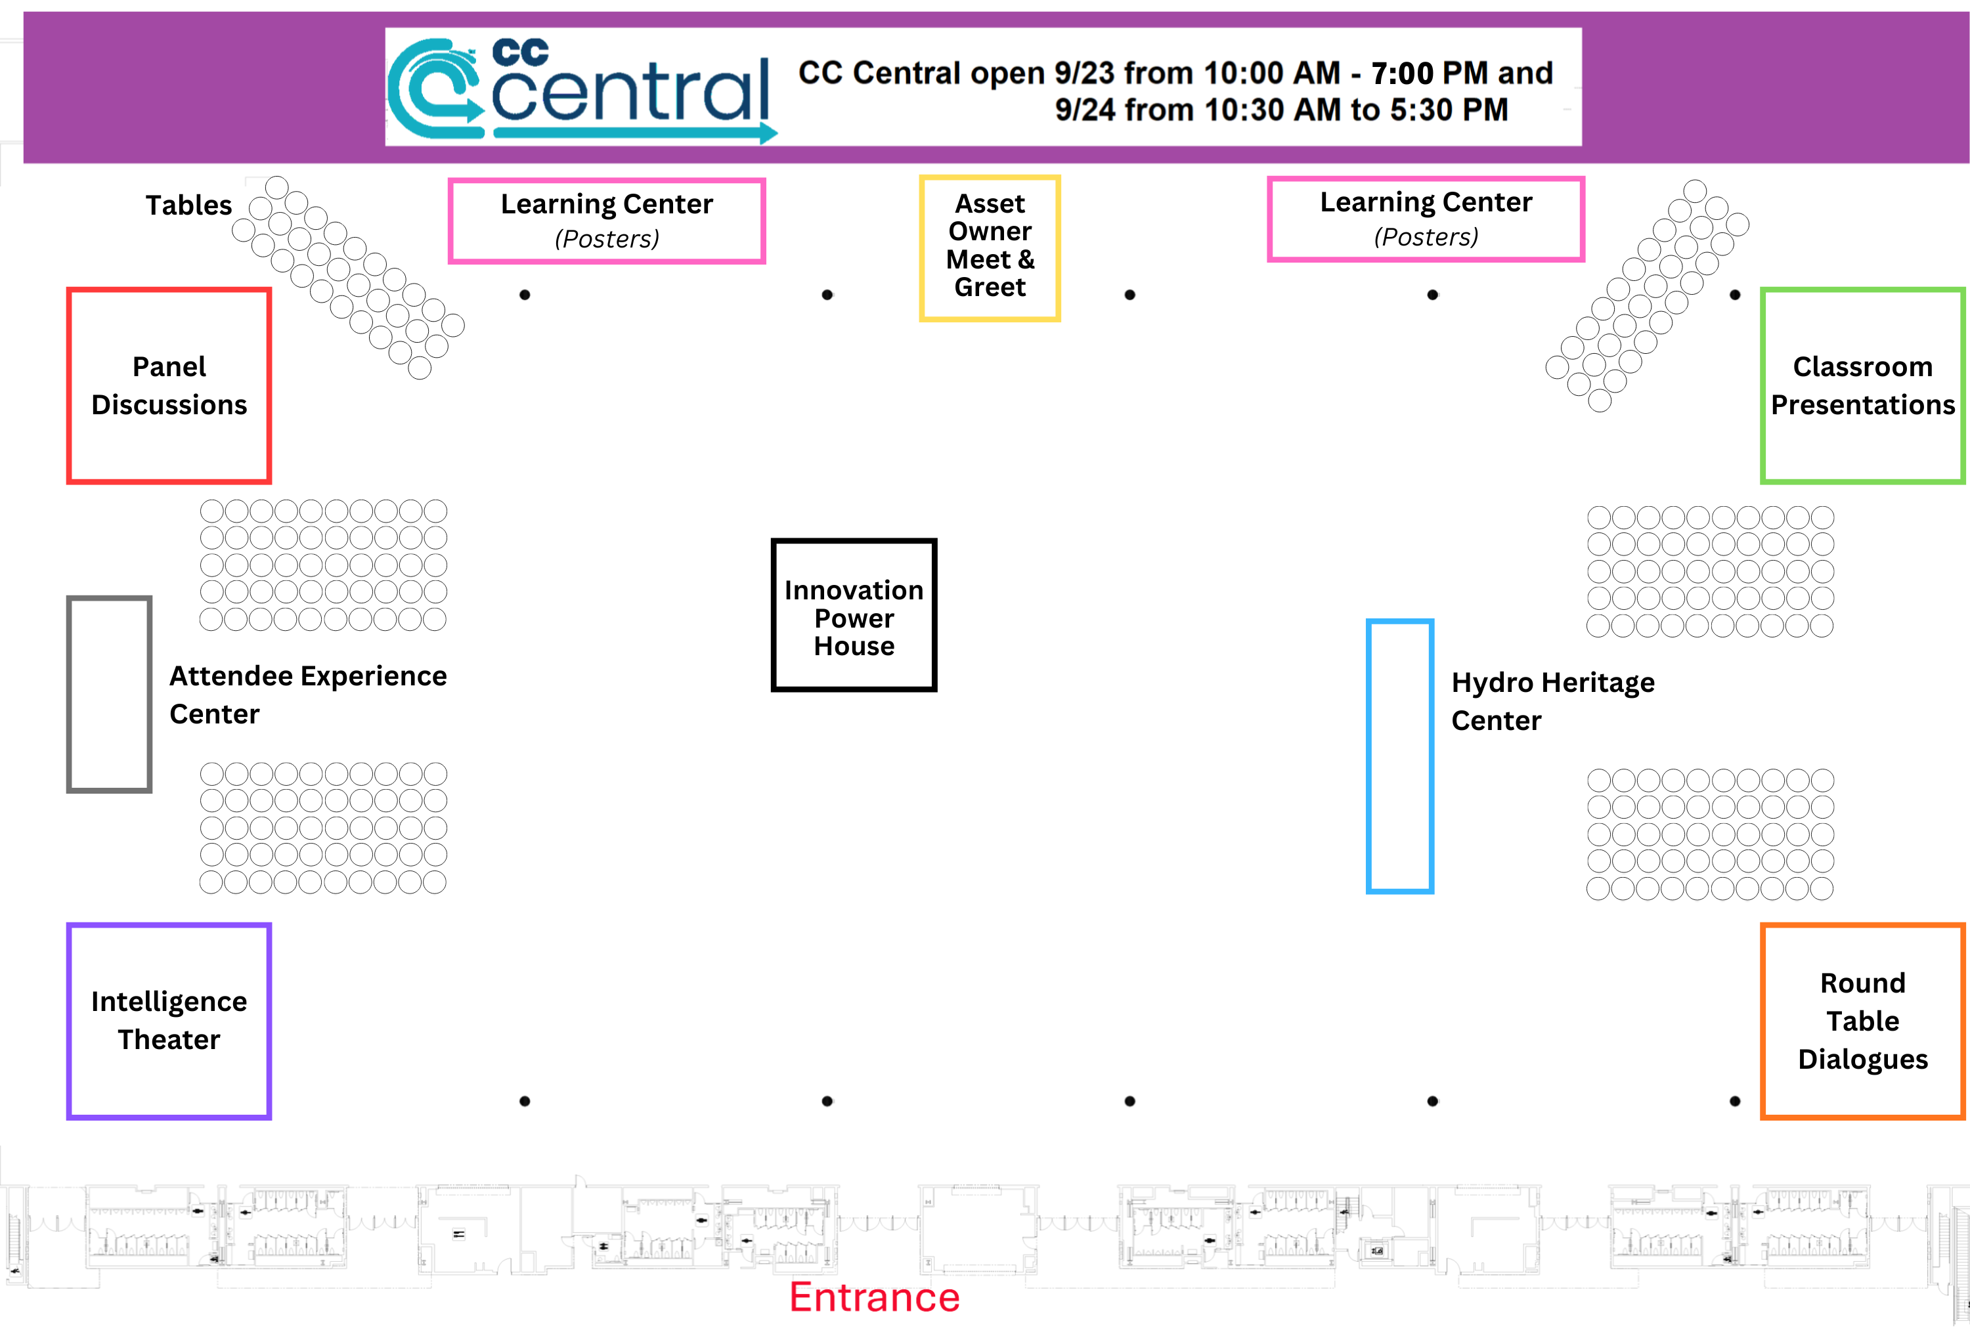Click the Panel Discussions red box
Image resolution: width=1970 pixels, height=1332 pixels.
point(169,385)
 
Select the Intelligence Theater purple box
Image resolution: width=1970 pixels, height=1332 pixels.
point(169,1020)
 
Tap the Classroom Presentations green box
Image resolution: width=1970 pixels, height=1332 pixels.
point(1862,385)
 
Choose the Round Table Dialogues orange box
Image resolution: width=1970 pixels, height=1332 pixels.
point(1862,1020)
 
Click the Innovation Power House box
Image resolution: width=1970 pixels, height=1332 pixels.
point(854,615)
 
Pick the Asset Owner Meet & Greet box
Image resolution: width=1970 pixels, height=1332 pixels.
point(989,247)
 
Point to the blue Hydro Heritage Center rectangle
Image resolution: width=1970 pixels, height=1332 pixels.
point(1399,756)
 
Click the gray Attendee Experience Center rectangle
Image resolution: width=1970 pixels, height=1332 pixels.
point(110,694)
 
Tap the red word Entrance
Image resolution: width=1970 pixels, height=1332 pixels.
point(874,1297)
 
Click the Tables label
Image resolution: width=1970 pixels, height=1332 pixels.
point(188,205)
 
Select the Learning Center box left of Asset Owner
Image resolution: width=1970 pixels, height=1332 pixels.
point(607,221)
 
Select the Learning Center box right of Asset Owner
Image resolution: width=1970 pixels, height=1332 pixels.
point(1426,219)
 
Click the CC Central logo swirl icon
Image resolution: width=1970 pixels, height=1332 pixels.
point(437,89)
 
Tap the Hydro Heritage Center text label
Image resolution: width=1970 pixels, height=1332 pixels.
point(1552,700)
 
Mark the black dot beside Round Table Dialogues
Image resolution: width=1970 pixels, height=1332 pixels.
point(1735,1101)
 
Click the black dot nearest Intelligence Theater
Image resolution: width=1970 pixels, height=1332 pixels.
point(525,1101)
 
